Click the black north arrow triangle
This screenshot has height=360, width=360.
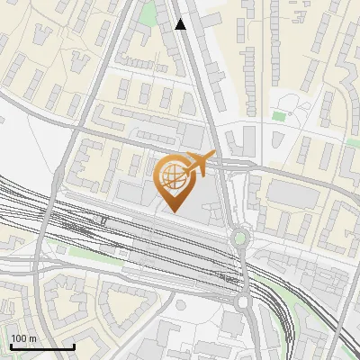click(181, 24)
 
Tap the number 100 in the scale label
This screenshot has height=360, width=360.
click(19, 338)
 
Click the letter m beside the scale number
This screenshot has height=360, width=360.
click(31, 338)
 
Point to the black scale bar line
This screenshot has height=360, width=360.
click(41, 346)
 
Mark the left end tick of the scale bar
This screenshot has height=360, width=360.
click(10, 345)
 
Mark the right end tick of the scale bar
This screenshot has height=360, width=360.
click(74, 345)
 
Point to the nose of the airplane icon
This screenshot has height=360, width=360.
click(213, 155)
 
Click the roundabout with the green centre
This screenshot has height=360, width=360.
click(239, 238)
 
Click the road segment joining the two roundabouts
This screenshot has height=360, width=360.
click(243, 270)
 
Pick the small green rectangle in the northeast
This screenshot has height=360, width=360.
click(279, 116)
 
